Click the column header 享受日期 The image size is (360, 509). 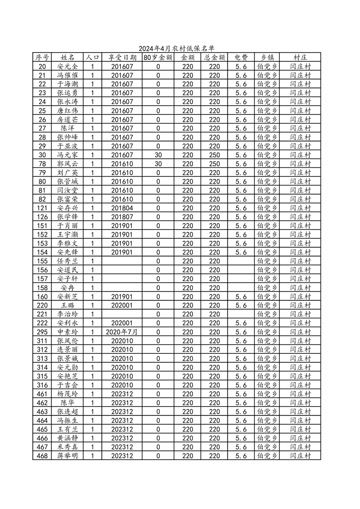click(x=122, y=58)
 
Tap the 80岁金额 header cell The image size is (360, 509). click(x=158, y=58)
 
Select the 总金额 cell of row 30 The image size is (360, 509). click(x=214, y=155)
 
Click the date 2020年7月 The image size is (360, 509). click(x=122, y=332)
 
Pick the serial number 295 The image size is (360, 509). click(x=42, y=332)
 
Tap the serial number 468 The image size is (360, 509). click(x=42, y=455)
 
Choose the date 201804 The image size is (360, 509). click(x=122, y=208)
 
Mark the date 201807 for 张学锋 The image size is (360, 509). click(x=122, y=217)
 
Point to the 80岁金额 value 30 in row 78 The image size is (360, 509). click(x=158, y=164)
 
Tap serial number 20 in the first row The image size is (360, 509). click(x=42, y=66)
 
